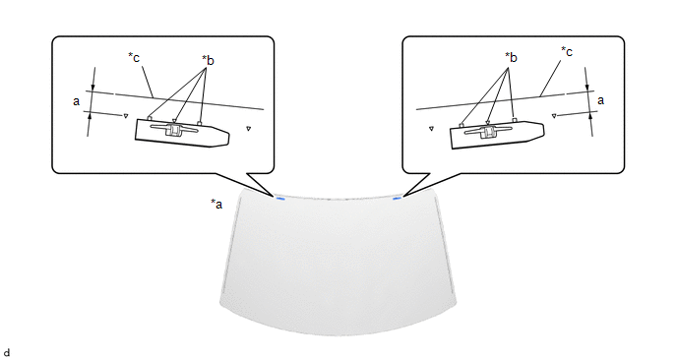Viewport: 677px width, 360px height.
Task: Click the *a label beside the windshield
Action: (x=216, y=204)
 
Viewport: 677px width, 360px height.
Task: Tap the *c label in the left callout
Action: (x=134, y=57)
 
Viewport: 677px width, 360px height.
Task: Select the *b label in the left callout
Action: (x=208, y=60)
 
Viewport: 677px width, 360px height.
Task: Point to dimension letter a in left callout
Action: (x=77, y=101)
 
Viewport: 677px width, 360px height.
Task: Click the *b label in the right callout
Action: (x=511, y=57)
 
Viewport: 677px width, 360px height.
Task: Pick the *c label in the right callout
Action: (x=567, y=51)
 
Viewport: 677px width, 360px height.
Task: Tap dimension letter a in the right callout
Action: (x=600, y=100)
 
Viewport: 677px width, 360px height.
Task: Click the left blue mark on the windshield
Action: (x=280, y=199)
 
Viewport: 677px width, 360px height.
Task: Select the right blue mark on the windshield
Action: (x=397, y=198)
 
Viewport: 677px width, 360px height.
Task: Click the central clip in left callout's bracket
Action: (x=173, y=130)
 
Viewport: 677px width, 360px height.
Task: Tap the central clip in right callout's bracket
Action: (x=488, y=132)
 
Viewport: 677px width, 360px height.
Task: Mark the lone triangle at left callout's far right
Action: (x=248, y=128)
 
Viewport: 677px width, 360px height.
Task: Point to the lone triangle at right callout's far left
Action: (x=431, y=128)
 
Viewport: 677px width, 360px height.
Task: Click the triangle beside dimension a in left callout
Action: (x=126, y=116)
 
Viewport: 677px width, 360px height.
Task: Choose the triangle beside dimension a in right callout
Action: (x=554, y=116)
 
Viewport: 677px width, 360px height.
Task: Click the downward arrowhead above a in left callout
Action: (x=93, y=87)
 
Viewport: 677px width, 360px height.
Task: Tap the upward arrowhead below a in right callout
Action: (x=589, y=116)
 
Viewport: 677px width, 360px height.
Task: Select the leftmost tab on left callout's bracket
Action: (x=149, y=118)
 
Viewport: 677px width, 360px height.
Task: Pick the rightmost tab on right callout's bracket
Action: (x=514, y=119)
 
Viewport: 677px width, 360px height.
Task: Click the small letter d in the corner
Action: (x=6, y=353)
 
